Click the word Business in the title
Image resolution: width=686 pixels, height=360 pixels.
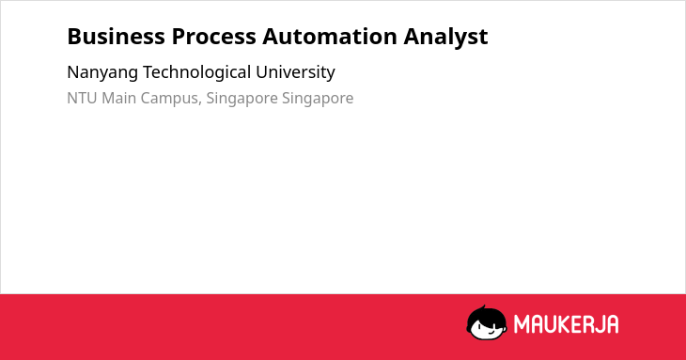tap(116, 37)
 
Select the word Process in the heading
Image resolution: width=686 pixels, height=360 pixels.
tap(213, 37)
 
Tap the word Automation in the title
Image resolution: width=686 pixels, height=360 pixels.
tap(330, 37)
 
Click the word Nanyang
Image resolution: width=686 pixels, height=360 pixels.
tap(102, 72)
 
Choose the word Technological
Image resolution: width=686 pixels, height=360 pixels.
tap(197, 72)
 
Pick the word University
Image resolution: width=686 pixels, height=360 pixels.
tap(295, 72)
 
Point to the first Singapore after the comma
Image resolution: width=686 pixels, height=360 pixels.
tap(242, 99)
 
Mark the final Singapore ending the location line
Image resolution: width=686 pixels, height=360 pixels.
tap(318, 99)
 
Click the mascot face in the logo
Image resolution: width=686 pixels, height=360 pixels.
tap(487, 323)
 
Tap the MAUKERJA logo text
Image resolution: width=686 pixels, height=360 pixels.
tap(566, 324)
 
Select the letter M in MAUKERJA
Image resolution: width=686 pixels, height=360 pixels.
tap(521, 324)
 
